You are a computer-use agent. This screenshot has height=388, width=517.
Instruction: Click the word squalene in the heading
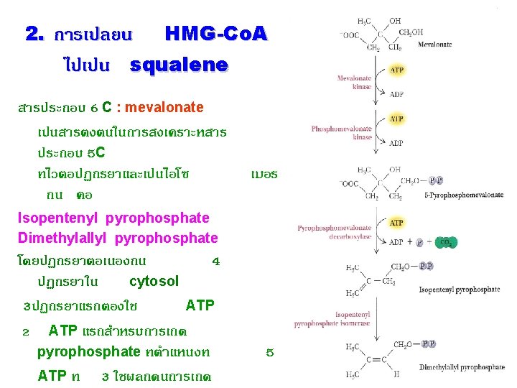(x=179, y=66)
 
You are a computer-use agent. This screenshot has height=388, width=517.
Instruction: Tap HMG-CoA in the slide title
(x=215, y=33)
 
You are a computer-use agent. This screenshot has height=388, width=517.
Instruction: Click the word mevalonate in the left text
(x=164, y=108)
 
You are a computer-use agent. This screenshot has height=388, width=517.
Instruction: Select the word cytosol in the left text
(x=154, y=281)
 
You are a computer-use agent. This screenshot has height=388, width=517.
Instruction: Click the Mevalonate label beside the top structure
(x=434, y=45)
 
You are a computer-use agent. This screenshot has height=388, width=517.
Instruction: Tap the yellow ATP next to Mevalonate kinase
(x=396, y=70)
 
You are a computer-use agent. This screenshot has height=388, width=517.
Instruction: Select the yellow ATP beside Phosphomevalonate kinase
(x=396, y=119)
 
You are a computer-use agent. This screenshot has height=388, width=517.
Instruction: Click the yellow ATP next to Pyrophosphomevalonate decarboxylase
(x=396, y=223)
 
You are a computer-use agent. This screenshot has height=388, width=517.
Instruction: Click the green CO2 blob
(x=445, y=242)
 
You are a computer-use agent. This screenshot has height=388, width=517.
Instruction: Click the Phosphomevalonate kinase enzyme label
(x=341, y=133)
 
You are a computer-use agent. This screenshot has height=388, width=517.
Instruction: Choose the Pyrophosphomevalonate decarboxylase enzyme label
(x=334, y=232)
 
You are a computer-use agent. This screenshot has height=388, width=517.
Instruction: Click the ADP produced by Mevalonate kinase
(x=396, y=93)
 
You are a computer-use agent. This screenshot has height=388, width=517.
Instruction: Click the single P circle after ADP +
(x=420, y=242)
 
